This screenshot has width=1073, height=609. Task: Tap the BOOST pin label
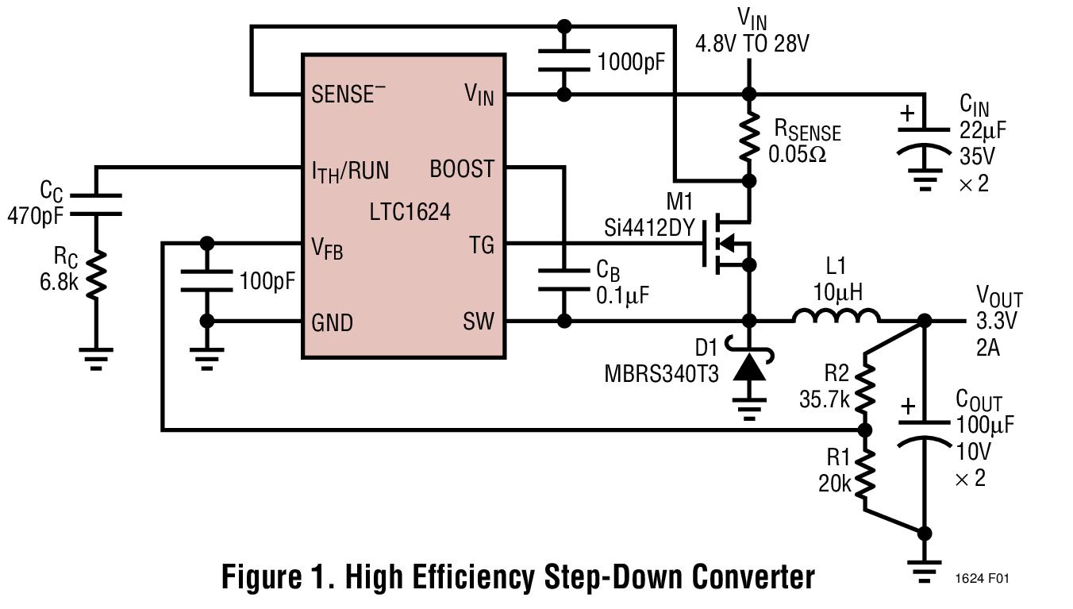[462, 169]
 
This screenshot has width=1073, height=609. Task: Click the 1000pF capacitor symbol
[564, 60]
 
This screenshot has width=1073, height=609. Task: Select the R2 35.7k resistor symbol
[866, 387]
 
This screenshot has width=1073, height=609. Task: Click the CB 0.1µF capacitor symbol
[564, 281]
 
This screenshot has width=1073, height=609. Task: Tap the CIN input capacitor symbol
[924, 139]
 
